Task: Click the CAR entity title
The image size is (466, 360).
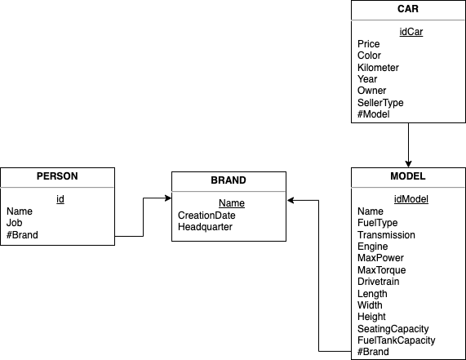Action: pyautogui.click(x=408, y=9)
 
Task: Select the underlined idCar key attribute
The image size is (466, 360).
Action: pyautogui.click(x=411, y=32)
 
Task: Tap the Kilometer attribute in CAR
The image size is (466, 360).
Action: pyautogui.click(x=378, y=68)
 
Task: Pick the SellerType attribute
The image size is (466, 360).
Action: pyautogui.click(x=380, y=103)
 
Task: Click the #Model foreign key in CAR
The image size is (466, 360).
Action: pyautogui.click(x=373, y=114)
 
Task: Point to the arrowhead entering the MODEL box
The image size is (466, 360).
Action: pyautogui.click(x=408, y=164)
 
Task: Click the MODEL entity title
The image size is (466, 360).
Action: pyautogui.click(x=408, y=176)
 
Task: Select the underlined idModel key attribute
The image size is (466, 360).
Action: pyautogui.click(x=411, y=199)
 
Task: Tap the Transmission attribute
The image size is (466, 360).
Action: pyautogui.click(x=386, y=235)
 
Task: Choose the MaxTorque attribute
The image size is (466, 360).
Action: pyautogui.click(x=382, y=270)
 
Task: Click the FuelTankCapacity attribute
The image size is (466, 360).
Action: pyautogui.click(x=396, y=340)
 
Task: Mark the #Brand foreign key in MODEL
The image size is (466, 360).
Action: pyautogui.click(x=373, y=352)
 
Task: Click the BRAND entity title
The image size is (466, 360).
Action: pyautogui.click(x=229, y=180)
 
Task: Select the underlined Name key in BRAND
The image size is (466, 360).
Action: pyautogui.click(x=232, y=203)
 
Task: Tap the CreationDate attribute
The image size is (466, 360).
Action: pyautogui.click(x=206, y=216)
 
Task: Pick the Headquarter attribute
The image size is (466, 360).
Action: pyautogui.click(x=205, y=227)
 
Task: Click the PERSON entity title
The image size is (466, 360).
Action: pyautogui.click(x=57, y=176)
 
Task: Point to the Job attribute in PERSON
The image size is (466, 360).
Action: pyautogui.click(x=14, y=223)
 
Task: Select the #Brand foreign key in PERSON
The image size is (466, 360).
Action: pyautogui.click(x=22, y=235)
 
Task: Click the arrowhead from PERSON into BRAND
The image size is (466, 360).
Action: pyautogui.click(x=168, y=198)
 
